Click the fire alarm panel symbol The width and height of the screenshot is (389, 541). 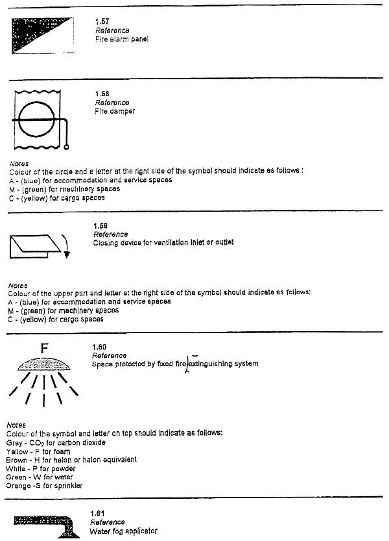click(36, 35)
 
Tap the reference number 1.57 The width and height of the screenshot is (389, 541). click(102, 23)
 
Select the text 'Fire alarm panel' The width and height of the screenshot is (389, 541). click(121, 39)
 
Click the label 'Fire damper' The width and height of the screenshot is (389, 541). click(115, 111)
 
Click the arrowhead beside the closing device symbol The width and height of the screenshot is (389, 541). click(66, 254)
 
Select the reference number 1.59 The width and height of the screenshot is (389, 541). click(101, 226)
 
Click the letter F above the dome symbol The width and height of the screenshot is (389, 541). click(44, 349)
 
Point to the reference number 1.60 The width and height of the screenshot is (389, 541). click(100, 347)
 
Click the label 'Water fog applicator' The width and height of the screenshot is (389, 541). click(123, 531)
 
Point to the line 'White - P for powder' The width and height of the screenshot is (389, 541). click(40, 468)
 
